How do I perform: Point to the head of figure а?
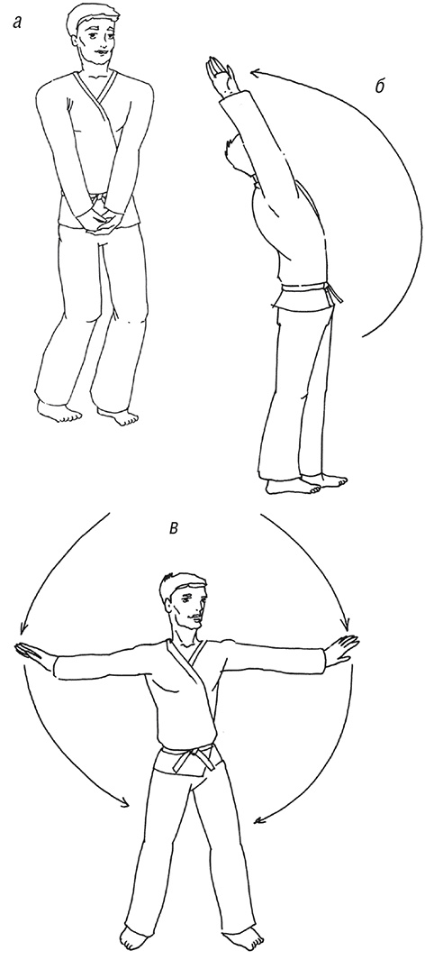(x=93, y=36)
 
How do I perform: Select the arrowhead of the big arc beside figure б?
(x=255, y=74)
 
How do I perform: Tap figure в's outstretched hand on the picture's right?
(x=341, y=649)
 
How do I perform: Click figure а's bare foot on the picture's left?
(x=58, y=410)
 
